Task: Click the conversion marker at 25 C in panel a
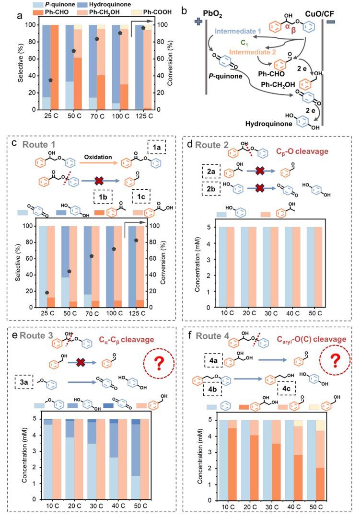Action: [51, 80]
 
